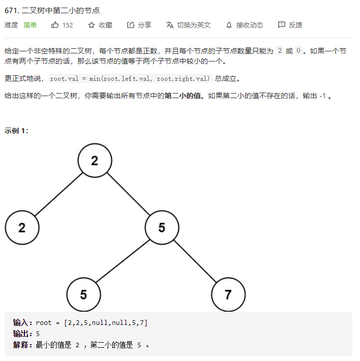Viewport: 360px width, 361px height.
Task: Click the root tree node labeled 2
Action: (x=95, y=161)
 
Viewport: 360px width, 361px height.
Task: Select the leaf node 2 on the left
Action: (x=22, y=227)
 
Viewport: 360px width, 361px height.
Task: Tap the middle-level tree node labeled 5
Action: (x=162, y=227)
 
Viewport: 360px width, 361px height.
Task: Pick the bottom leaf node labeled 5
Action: (x=83, y=294)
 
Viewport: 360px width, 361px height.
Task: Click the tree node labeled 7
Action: (x=228, y=294)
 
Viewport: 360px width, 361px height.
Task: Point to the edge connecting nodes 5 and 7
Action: (x=195, y=260)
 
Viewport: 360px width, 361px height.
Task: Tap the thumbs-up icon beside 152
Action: (x=55, y=25)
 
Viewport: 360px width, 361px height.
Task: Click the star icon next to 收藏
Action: (x=92, y=25)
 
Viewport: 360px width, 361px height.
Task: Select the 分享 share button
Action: (x=139, y=25)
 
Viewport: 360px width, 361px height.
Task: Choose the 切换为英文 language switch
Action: (x=188, y=25)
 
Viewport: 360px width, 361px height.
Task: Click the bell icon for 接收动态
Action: (x=229, y=25)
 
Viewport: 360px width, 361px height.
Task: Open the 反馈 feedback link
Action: (x=290, y=25)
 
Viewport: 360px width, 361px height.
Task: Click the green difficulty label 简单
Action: (x=30, y=25)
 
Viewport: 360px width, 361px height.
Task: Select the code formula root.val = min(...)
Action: (x=130, y=78)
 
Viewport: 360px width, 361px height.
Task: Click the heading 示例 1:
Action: (x=16, y=131)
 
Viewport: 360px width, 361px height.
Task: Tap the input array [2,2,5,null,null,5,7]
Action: (x=106, y=322)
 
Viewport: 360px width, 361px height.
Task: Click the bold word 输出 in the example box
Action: (x=22, y=334)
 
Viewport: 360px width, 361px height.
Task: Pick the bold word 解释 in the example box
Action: (x=22, y=345)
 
